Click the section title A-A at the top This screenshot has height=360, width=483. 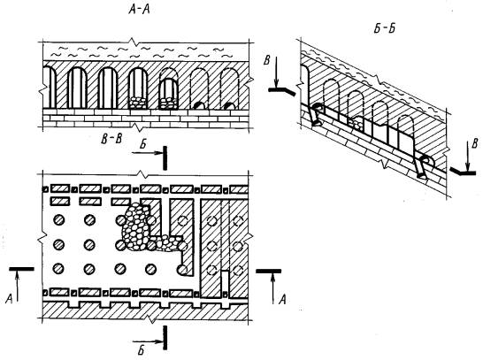click(x=139, y=10)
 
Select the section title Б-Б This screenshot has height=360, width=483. click(x=384, y=28)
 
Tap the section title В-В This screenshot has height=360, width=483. click(x=111, y=139)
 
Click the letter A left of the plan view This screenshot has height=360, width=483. click(x=9, y=298)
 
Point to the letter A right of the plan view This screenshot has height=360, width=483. click(x=282, y=299)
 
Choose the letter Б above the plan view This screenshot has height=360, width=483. click(x=142, y=144)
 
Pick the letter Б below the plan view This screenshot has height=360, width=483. click(x=141, y=350)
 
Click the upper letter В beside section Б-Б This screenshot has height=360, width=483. click(x=267, y=61)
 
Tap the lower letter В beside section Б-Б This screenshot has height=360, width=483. click(x=475, y=143)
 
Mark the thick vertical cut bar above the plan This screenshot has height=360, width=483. click(x=165, y=158)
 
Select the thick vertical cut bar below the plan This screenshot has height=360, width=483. click(x=165, y=338)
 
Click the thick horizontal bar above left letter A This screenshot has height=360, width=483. click(x=21, y=269)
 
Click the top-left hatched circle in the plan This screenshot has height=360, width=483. click(x=59, y=220)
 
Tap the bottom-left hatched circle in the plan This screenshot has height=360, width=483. click(x=59, y=269)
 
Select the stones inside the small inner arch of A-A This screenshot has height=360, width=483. click(x=168, y=103)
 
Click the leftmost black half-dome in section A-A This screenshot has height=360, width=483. click(x=199, y=105)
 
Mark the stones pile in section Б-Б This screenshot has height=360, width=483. click(x=356, y=124)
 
